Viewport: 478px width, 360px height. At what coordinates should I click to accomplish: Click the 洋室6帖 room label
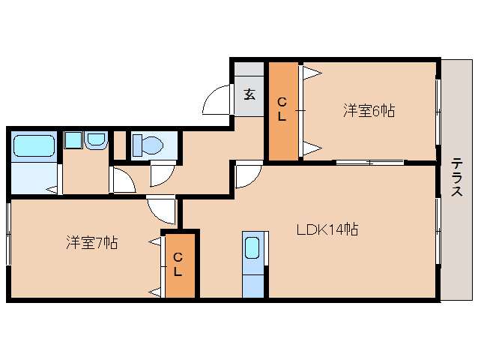(x=369, y=111)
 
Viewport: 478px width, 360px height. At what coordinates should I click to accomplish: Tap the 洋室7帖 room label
(x=91, y=242)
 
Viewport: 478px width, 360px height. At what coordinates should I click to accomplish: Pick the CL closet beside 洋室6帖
(x=282, y=109)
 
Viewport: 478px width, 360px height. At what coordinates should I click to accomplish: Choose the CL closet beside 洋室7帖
(x=178, y=265)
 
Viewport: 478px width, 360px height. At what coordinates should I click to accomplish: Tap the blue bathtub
(x=34, y=145)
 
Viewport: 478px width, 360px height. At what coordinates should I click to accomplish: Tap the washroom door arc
(x=122, y=180)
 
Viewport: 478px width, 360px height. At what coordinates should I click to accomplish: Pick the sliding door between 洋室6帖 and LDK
(x=369, y=161)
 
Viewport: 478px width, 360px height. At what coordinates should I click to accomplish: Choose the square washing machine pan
(x=73, y=140)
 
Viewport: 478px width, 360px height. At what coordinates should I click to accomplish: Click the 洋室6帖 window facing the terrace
(x=438, y=112)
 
